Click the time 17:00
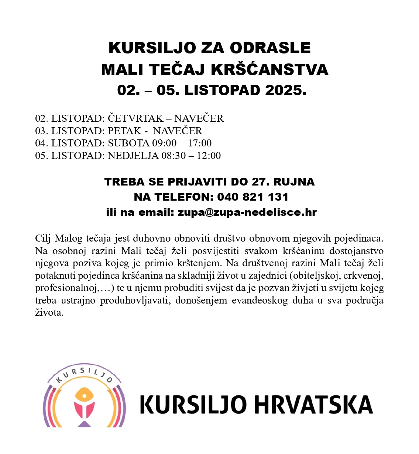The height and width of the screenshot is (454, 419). tap(200, 143)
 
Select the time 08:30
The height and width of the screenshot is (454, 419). tap(174, 156)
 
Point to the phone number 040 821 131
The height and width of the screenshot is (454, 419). tap(253, 197)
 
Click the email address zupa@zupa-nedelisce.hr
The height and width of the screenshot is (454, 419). tap(247, 212)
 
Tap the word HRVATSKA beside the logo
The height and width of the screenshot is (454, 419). tap(313, 405)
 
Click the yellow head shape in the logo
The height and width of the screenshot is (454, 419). tap(85, 396)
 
